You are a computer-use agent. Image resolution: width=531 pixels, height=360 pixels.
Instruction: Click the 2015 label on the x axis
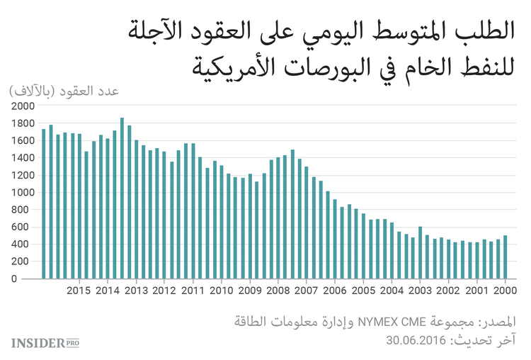coord(79,291)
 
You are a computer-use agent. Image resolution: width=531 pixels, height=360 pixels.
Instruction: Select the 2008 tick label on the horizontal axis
coord(278,291)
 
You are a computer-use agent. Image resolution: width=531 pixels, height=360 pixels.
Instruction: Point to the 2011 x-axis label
coord(193,291)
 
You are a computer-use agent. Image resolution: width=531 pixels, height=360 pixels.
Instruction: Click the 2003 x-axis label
coord(420,291)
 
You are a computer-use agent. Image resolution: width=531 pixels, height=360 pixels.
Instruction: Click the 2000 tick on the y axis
coord(22,106)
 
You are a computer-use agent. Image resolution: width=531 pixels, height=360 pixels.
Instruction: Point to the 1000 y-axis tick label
coord(22,193)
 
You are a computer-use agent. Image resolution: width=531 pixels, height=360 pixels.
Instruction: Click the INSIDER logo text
coord(37,343)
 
